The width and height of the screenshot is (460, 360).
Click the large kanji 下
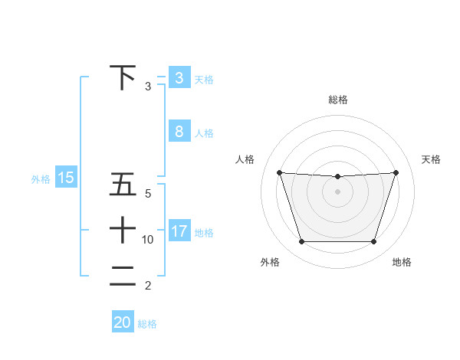pos(123,78)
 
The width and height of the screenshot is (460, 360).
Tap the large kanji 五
pos(123,185)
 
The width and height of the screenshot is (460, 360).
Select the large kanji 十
pos(123,231)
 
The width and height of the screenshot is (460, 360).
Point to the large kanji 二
pos(123,276)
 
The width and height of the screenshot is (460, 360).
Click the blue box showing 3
pos(179,78)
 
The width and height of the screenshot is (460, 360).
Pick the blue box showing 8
pos(179,132)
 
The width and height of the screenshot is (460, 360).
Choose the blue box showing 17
pos(179,231)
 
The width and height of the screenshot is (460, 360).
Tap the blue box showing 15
pos(66,178)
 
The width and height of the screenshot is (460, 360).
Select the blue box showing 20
pos(123,322)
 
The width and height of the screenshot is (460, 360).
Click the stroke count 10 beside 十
pos(148,240)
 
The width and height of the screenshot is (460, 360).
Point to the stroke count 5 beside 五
pos(148,194)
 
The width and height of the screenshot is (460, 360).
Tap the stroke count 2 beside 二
pos(148,286)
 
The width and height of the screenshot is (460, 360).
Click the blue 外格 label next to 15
pos(41,179)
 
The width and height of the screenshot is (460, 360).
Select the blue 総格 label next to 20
pos(147,323)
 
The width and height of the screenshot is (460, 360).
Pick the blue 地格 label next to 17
pos(204,232)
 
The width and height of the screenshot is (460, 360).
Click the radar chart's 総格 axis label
pos(338,100)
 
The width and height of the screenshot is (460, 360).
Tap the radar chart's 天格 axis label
pos(431,159)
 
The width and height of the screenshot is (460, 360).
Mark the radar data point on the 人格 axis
pos(279,172)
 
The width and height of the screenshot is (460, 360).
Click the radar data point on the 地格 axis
pos(373,242)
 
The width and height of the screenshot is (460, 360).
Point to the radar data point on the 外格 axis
pos(301,242)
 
